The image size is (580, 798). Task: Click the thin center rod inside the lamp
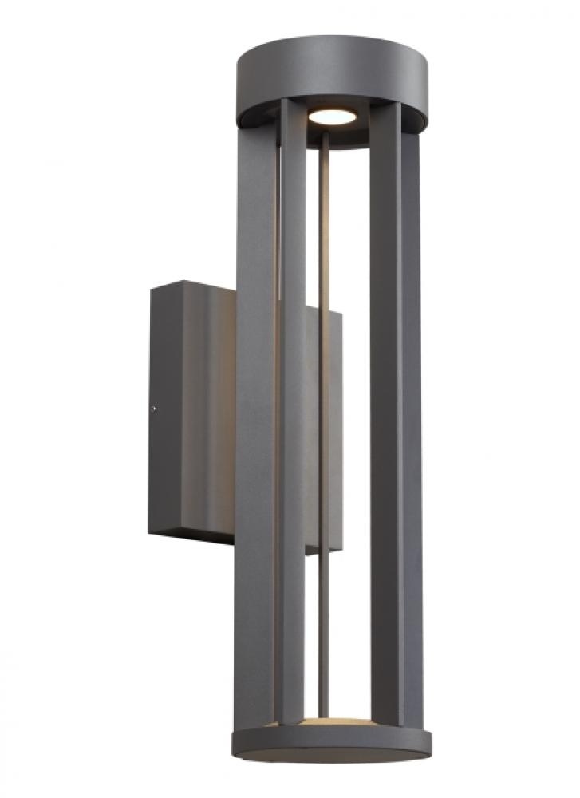tap(325, 415)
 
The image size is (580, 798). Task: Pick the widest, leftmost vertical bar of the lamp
tap(253, 447)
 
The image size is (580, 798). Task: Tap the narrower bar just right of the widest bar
tap(292, 447)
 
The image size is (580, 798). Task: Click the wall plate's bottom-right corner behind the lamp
tap(341, 550)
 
